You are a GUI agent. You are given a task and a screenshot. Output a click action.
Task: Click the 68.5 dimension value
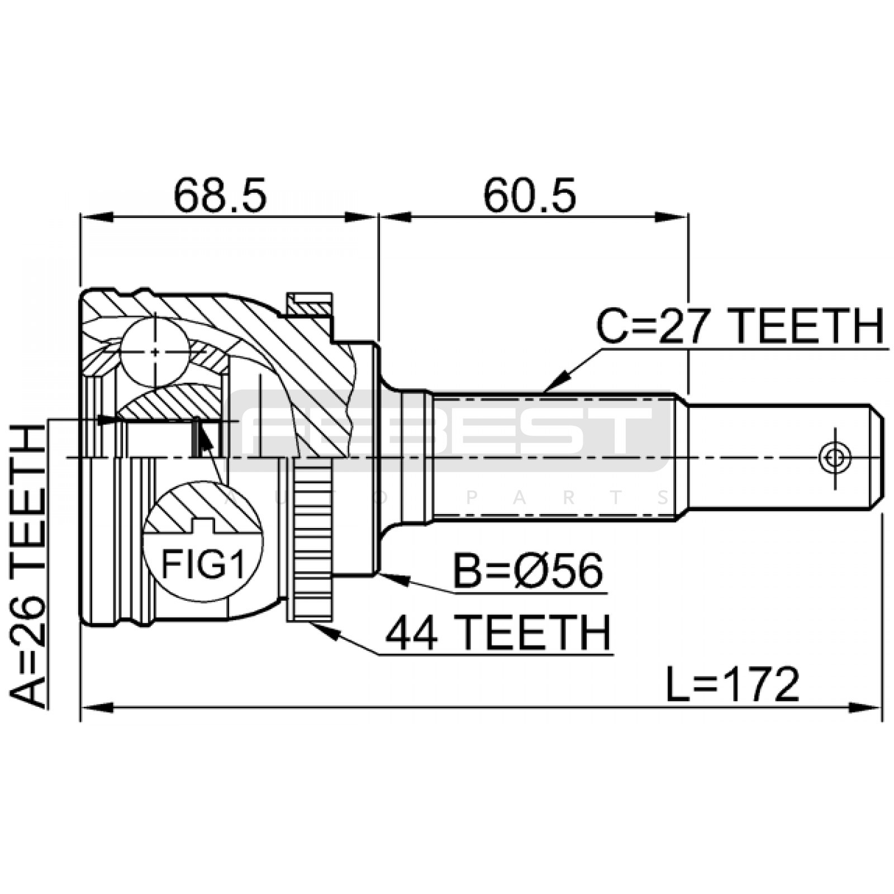tap(220, 196)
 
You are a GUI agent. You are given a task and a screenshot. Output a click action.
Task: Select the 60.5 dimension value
tap(529, 196)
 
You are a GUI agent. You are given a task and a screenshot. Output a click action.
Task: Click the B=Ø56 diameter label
tap(528, 571)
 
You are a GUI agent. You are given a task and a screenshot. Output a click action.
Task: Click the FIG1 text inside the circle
tap(203, 564)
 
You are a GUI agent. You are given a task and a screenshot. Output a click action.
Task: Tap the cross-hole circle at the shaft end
tap(835, 458)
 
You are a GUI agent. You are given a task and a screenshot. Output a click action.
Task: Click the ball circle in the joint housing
tap(155, 351)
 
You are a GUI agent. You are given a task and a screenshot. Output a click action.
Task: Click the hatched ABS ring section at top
tap(310, 308)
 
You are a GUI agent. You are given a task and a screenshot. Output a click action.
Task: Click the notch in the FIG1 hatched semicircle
tap(203, 525)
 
